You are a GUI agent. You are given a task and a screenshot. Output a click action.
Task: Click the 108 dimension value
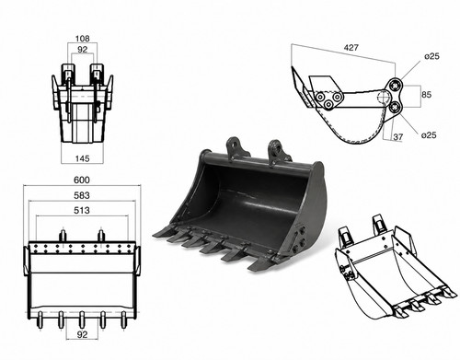[x=83, y=39]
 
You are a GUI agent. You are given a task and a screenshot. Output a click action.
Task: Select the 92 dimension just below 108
[x=82, y=50]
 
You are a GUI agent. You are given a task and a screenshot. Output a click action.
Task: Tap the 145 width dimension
[x=82, y=158]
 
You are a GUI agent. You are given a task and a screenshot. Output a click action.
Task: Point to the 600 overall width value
[x=82, y=180]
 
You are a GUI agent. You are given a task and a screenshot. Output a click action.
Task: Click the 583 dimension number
[x=82, y=195]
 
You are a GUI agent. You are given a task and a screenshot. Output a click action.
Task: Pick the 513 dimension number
[x=82, y=210]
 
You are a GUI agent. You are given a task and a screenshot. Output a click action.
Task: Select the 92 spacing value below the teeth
[x=82, y=335]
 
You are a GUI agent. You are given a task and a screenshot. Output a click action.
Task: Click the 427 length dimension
[x=351, y=48]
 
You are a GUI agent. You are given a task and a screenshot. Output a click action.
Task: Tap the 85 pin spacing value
[x=426, y=95]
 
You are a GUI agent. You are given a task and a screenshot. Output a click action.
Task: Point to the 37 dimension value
[x=397, y=136]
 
